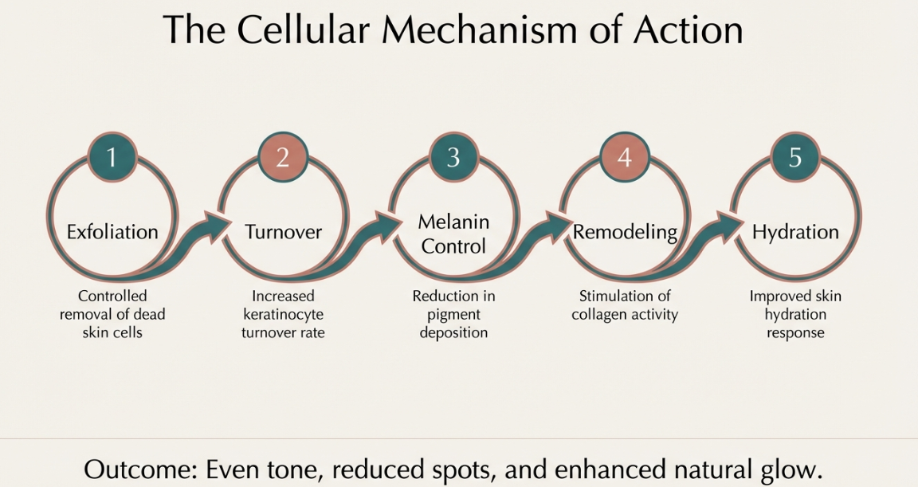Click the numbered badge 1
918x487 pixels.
tap(112, 157)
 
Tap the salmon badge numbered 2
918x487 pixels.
tap(282, 157)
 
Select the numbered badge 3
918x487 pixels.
tap(453, 157)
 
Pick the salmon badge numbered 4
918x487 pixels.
tap(624, 157)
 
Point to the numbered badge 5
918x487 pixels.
tap(794, 157)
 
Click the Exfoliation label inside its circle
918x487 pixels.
tap(112, 232)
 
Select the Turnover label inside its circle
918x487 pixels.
tap(283, 232)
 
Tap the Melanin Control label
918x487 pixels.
tap(453, 234)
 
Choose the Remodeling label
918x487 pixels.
tap(625, 232)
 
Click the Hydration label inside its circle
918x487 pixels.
tap(795, 232)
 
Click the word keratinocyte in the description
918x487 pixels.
tap(283, 314)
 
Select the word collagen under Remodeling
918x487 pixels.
tap(600, 314)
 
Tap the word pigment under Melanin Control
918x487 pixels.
tap(453, 314)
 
